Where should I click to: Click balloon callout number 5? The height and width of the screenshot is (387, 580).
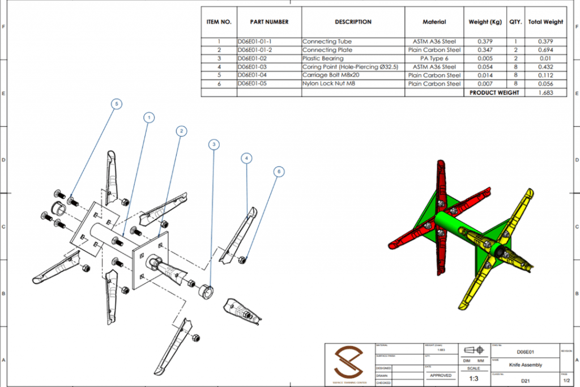coord(116,104)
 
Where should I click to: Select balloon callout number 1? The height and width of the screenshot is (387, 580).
coord(149,117)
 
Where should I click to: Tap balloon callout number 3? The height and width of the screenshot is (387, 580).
coord(214,144)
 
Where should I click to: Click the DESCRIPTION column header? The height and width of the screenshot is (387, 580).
coord(353,22)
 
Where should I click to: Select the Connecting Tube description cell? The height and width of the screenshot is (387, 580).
coord(327,41)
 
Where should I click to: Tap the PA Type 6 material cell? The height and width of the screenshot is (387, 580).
coord(434,58)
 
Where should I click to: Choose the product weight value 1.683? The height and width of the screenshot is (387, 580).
coord(545,92)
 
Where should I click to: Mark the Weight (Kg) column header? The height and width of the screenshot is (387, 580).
coord(485,22)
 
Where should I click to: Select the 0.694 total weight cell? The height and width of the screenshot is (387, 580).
coord(545,50)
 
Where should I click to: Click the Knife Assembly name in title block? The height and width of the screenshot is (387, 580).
coord(525,365)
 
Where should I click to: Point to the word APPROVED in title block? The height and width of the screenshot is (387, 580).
coord(441,375)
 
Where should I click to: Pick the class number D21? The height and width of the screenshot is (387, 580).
coord(525,381)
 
